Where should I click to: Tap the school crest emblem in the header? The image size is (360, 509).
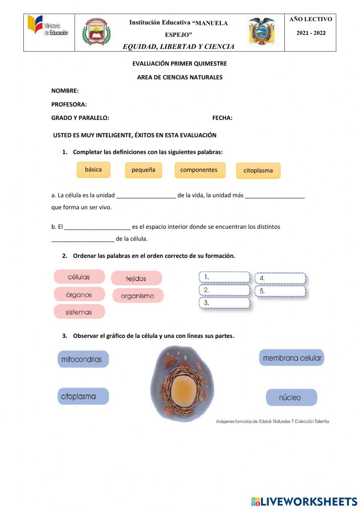point(96,32)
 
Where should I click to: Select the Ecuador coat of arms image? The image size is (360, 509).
point(262,31)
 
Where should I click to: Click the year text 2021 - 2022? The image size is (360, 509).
point(311,33)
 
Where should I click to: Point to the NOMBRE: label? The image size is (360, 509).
point(65,91)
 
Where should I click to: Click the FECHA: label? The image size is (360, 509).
point(222,118)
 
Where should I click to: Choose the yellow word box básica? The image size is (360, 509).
point(93,170)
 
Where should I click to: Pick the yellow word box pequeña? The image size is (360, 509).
point(143,170)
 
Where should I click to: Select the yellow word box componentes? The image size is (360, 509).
point(199,170)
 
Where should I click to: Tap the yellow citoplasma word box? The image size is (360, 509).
point(258,171)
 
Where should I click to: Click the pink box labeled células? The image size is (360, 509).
point(79,277)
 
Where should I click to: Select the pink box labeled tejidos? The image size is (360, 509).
point(136,278)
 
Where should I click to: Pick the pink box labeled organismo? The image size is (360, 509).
point(138,296)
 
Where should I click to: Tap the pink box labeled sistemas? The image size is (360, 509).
point(79,312)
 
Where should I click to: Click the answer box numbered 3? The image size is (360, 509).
point(224,303)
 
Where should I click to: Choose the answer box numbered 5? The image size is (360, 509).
point(280,291)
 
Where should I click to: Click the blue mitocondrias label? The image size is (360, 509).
point(82,359)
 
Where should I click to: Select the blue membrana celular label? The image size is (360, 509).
point(292,358)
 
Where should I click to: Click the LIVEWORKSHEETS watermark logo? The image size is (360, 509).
point(304,501)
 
